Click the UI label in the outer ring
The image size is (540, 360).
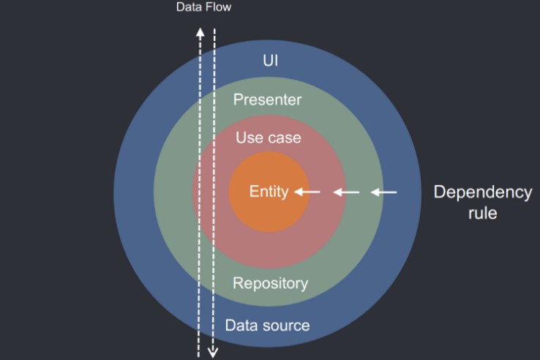point(270,61)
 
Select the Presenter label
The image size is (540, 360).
point(267,100)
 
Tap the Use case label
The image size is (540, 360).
point(269,138)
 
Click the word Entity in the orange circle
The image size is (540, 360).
point(269,192)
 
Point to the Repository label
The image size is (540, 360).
point(270,284)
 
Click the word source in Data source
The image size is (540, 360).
point(285,326)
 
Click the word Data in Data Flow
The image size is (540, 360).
point(189,7)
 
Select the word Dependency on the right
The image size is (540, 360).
point(483,192)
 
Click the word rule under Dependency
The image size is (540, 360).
point(482,213)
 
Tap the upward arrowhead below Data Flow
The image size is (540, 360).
point(200,32)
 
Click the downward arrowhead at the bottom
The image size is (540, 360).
point(213,353)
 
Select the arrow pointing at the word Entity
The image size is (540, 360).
point(307,192)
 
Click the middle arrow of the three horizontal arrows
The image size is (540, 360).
point(346,192)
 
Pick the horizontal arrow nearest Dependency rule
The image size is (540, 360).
point(383,192)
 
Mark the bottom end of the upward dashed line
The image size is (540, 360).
point(198,356)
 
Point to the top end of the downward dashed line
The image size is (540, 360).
point(214,29)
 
